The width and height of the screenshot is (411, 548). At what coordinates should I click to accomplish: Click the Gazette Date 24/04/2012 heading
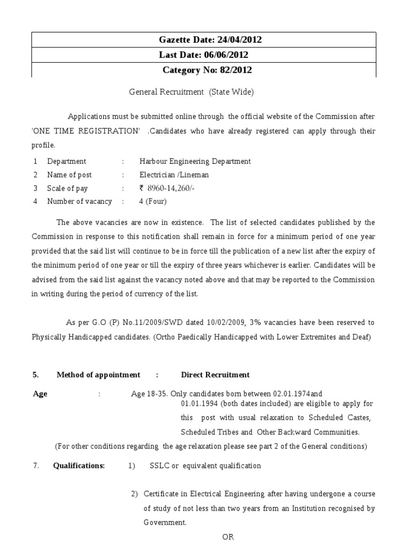point(203,40)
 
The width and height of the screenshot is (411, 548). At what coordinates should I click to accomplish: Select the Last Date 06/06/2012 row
point(203,55)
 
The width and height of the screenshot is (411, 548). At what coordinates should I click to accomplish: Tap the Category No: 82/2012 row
point(203,70)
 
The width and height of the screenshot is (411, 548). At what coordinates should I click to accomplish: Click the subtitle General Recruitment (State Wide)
point(191,92)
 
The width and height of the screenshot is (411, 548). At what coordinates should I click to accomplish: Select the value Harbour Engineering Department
point(195,161)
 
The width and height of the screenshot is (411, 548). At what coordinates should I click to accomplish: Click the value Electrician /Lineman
point(174,175)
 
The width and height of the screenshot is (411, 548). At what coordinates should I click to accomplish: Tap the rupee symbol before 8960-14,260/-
point(142,188)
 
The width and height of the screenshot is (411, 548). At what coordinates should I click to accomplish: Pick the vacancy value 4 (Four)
point(153,202)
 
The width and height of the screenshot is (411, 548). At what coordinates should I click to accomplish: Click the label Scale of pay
point(67,188)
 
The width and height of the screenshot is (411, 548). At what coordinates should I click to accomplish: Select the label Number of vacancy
point(80,202)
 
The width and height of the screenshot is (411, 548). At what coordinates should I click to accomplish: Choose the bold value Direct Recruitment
point(215,375)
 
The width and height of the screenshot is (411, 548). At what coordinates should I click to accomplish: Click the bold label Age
point(40,394)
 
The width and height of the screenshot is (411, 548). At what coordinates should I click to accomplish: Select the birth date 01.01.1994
point(197,404)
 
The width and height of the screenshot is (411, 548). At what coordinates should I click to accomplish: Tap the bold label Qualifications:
point(79,466)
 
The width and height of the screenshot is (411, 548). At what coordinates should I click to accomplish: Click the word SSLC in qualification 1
point(160,466)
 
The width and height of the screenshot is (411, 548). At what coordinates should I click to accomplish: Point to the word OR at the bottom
point(228,537)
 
